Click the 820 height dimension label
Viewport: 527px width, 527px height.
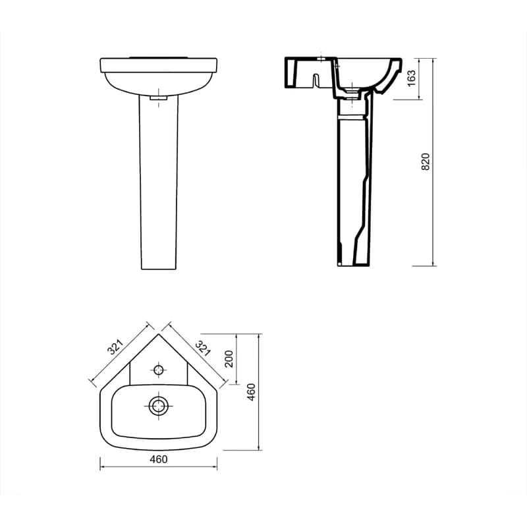[x=426, y=161]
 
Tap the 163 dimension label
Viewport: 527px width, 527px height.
[x=411, y=78]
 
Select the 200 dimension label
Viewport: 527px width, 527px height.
[x=229, y=359]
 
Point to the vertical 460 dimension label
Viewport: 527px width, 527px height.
[x=252, y=392]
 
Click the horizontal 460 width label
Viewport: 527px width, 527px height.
[x=158, y=459]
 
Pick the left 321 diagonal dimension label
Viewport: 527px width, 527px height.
[x=116, y=347]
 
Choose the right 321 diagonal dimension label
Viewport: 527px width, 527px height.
[x=204, y=348]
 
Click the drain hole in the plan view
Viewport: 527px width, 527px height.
[x=158, y=406]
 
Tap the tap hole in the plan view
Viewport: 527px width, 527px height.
[x=158, y=370]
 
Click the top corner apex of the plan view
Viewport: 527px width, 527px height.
[x=158, y=334]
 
